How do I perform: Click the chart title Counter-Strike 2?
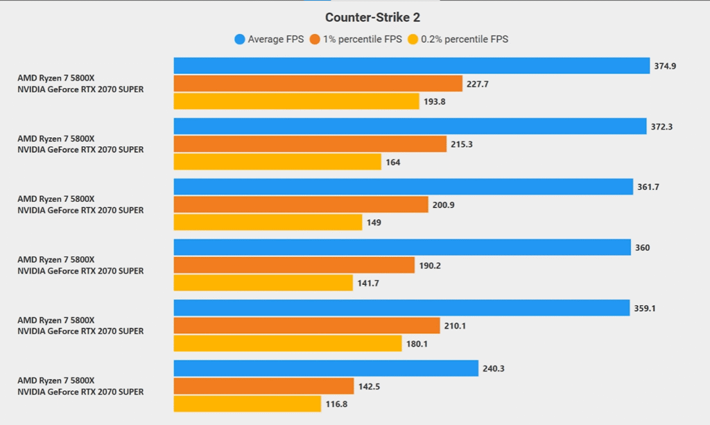[x=372, y=17]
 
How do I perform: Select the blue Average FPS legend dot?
[x=239, y=40]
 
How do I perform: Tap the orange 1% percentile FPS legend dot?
[x=315, y=40]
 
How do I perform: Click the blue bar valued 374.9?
[x=412, y=66]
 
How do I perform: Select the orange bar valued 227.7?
[x=318, y=84]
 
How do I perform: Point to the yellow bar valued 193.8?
[x=297, y=102]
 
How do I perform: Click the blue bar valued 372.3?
[x=410, y=126]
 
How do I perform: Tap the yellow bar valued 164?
[x=277, y=162]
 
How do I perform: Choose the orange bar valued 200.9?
[x=301, y=205]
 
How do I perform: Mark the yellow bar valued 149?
[x=268, y=223]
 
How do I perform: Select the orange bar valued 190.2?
[x=294, y=265]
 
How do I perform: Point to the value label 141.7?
[x=369, y=284]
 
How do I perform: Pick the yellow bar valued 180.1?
[x=288, y=344]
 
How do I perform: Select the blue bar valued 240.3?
[x=326, y=368]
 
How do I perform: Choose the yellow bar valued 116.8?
[x=248, y=404]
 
